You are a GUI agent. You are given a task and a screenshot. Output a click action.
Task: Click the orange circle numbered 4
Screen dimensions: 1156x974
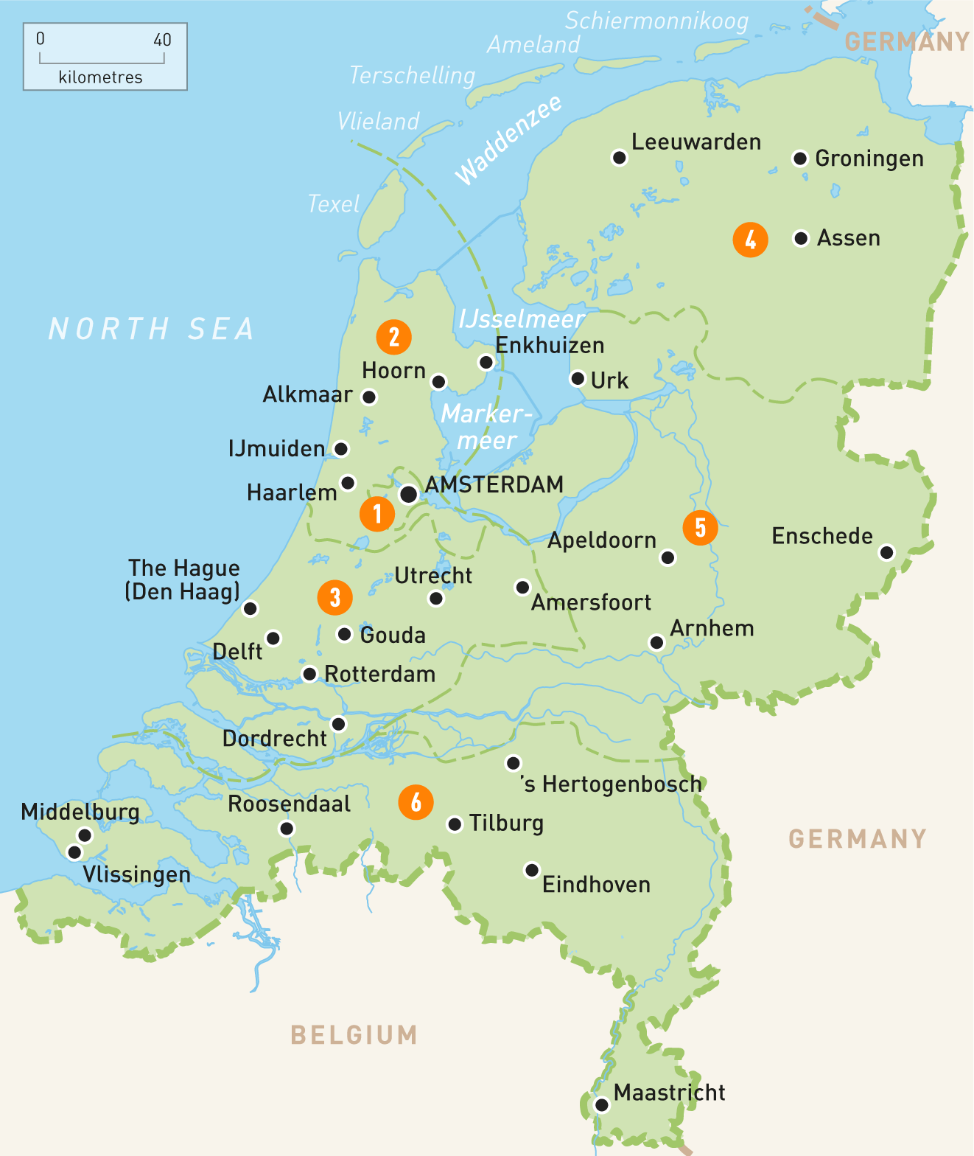tap(750, 240)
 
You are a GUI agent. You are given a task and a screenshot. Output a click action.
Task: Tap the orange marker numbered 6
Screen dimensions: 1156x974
tap(416, 802)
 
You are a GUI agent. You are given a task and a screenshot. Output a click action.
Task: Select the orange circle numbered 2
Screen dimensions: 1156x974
tap(393, 337)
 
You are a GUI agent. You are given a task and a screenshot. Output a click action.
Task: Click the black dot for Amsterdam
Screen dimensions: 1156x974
tap(408, 494)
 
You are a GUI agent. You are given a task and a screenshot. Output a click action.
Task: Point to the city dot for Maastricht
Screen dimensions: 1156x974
tap(602, 1104)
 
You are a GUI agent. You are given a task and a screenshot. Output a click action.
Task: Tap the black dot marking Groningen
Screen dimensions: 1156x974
tap(799, 159)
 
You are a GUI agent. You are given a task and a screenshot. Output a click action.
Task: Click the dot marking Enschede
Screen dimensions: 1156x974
tap(887, 552)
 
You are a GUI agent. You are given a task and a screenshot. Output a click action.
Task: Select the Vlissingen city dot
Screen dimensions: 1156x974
tap(74, 852)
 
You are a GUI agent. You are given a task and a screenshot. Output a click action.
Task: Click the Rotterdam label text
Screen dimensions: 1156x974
tap(379, 674)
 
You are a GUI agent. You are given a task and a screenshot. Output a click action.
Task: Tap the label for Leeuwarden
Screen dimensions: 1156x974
tap(696, 142)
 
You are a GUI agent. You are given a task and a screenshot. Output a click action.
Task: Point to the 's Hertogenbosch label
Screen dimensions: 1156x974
tap(612, 784)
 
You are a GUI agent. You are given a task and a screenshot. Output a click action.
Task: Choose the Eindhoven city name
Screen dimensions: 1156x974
tap(596, 884)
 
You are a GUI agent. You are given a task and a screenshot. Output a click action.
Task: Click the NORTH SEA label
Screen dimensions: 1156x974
tap(152, 329)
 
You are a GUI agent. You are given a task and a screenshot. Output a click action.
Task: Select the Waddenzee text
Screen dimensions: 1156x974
tap(508, 140)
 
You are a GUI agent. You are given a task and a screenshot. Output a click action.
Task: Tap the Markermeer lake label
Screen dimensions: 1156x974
tap(486, 427)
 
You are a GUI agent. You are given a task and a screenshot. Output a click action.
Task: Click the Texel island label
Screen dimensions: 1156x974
tap(334, 203)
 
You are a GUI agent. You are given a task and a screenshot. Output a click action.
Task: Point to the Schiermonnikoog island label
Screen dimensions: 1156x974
tap(656, 21)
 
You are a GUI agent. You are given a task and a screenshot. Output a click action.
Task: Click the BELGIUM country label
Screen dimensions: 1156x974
tap(354, 1035)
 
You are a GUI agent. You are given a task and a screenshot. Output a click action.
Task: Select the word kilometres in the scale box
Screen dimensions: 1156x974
tap(100, 77)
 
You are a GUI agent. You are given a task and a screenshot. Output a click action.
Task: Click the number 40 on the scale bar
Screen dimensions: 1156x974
tap(162, 40)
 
